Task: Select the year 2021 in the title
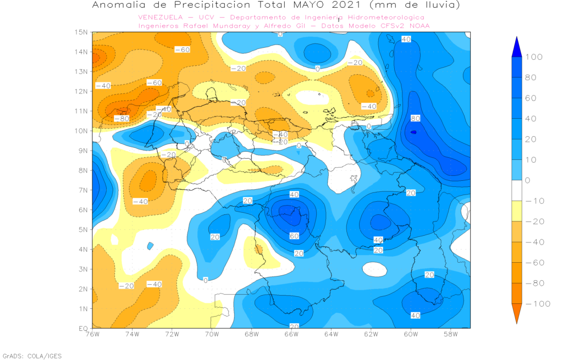[358, 5]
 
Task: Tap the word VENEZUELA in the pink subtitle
[162, 18]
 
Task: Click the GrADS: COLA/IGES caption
[32, 356]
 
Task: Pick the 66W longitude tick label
[291, 334]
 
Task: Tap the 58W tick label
[450, 334]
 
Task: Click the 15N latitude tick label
[81, 32]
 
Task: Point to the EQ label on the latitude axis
[82, 328]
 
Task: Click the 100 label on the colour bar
[534, 57]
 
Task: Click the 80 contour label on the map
[415, 118]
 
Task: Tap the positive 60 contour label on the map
[294, 236]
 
